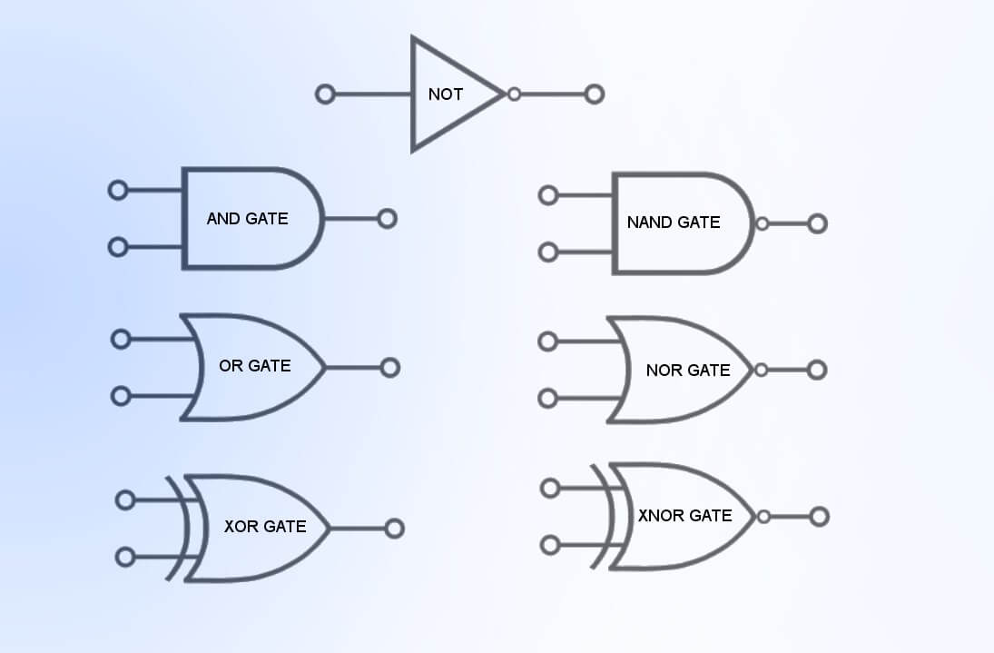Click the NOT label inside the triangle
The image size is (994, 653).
coord(445,94)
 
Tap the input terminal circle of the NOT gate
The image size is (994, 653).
coord(325,94)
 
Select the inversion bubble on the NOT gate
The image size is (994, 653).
coord(514,94)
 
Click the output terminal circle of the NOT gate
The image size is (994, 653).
coord(595,94)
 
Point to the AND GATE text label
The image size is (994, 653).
coord(247,218)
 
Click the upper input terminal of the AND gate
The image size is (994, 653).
coord(117,190)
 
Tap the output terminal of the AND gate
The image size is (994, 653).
coord(388,219)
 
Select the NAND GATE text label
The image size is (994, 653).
coord(673,222)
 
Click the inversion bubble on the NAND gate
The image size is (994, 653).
coord(762,223)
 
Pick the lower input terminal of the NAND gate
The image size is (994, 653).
coord(548,252)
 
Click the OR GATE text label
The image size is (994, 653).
coord(254,366)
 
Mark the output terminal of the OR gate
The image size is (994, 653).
coord(390,368)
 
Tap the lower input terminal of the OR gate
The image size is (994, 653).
coord(120,396)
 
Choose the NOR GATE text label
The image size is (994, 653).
coord(687,370)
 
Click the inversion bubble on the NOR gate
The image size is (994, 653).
coord(761,370)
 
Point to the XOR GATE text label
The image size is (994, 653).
coord(264,526)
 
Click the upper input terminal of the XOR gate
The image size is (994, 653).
coord(125,500)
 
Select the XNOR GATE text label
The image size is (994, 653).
coord(684,515)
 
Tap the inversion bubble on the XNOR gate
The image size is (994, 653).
coord(763,517)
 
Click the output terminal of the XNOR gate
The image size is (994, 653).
coord(819,517)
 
